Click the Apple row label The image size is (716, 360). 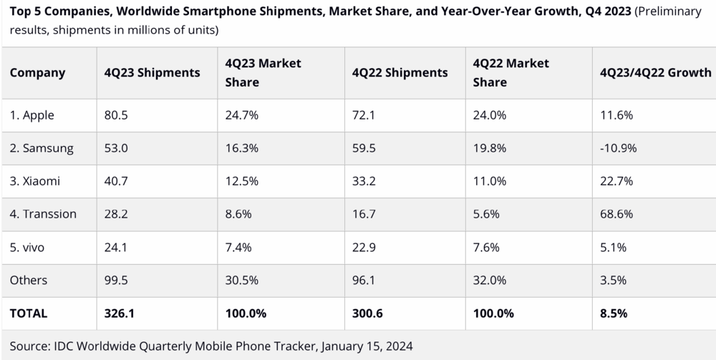pos(32,115)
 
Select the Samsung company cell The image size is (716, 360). pos(41,148)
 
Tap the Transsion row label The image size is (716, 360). pos(43,214)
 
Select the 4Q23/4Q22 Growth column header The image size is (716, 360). pos(656,72)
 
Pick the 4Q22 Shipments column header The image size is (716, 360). pos(400,72)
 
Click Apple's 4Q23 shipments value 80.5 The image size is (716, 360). pos(116,115)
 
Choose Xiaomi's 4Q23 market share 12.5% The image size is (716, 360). pos(241,181)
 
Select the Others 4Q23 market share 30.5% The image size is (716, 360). pos(241,280)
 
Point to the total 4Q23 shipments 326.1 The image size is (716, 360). pos(120,313)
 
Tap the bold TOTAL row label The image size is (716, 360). pos(29,313)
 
